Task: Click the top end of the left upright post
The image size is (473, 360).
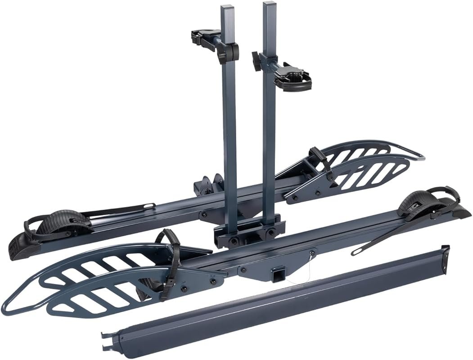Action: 228,9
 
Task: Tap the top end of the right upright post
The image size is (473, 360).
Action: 269,6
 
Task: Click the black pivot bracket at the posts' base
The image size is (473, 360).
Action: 245,232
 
